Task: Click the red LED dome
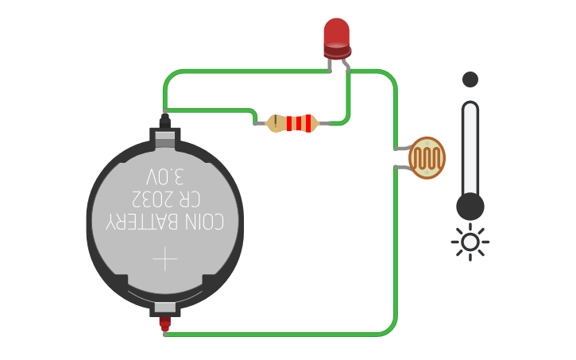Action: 337,33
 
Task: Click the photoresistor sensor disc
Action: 427,157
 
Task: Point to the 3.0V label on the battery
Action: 164,176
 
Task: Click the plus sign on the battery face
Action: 165,258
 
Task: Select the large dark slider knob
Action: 470,207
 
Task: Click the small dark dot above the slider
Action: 470,79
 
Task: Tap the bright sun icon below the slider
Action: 470,242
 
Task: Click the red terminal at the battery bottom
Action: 164,324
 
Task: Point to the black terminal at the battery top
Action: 164,121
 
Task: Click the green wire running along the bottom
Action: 278,334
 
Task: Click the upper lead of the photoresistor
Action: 402,148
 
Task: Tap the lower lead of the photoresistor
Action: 402,166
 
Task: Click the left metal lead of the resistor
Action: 261,123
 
